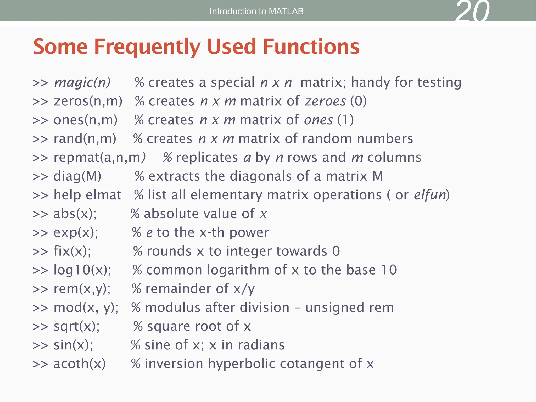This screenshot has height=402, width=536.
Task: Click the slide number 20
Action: click(472, 12)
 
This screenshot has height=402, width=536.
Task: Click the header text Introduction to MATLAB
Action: click(256, 11)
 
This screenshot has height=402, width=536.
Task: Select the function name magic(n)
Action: click(82, 82)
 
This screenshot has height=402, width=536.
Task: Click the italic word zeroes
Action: click(325, 101)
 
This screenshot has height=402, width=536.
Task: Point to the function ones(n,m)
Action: click(85, 120)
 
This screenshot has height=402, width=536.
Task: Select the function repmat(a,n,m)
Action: click(99, 158)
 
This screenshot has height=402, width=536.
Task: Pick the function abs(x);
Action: click(75, 214)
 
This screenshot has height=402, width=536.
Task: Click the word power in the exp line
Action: click(249, 233)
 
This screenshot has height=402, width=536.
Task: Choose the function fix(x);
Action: click(72, 251)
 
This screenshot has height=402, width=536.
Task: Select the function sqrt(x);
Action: click(76, 326)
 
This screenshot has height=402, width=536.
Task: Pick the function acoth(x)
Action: click(80, 364)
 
